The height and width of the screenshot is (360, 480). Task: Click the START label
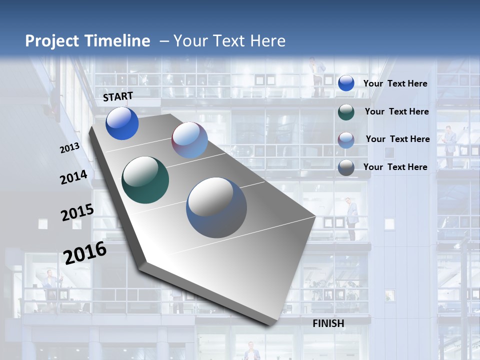118,96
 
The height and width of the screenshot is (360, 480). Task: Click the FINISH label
328,323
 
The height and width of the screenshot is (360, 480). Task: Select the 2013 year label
69,148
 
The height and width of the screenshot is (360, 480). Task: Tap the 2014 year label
74,177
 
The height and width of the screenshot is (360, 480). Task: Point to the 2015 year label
77,212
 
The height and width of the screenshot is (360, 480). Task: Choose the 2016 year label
85,253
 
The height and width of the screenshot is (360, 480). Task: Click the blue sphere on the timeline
122,123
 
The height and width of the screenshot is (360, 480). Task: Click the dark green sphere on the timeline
145,180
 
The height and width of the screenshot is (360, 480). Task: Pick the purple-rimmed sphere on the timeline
189,140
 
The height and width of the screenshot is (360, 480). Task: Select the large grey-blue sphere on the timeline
216,207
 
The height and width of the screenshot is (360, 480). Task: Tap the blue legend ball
346,83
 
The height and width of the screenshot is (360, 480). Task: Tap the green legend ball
346,111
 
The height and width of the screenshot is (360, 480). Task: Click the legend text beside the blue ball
395,83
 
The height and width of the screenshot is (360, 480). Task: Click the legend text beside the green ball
396,111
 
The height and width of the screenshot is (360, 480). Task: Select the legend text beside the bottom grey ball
395,167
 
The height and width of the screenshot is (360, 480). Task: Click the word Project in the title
52,41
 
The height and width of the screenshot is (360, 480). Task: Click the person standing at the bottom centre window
252,351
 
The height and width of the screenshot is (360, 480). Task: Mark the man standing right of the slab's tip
351,217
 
